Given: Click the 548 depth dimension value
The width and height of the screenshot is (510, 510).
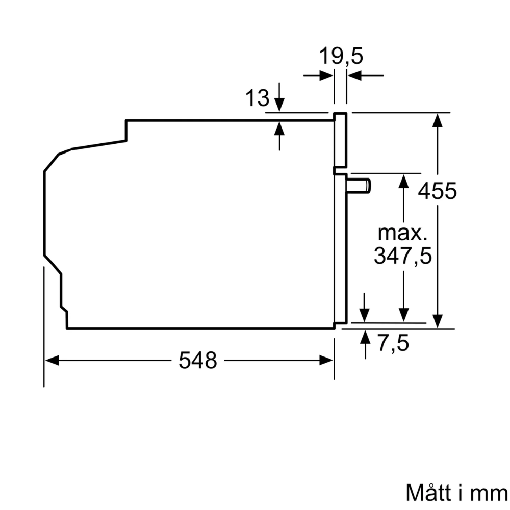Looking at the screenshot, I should pos(198,361).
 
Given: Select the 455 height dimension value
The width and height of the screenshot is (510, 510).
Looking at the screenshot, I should pos(437,191).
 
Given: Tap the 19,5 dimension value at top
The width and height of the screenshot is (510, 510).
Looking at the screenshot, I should pos(341,56).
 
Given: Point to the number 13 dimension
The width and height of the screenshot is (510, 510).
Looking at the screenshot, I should pos(257,98).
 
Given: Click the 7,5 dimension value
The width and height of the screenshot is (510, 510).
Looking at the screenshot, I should pos(393,343).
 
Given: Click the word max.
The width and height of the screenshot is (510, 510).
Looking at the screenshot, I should pos(402,234).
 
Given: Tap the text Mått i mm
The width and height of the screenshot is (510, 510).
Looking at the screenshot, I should pos(457,493).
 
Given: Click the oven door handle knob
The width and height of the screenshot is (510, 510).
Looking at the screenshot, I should pos(359,186).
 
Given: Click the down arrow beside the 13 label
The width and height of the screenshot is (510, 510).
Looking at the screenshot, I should pos(279,104).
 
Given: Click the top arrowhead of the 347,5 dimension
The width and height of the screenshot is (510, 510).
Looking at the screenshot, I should pos(404,181).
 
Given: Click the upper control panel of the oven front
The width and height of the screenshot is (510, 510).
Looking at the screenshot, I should pos(341,140).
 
